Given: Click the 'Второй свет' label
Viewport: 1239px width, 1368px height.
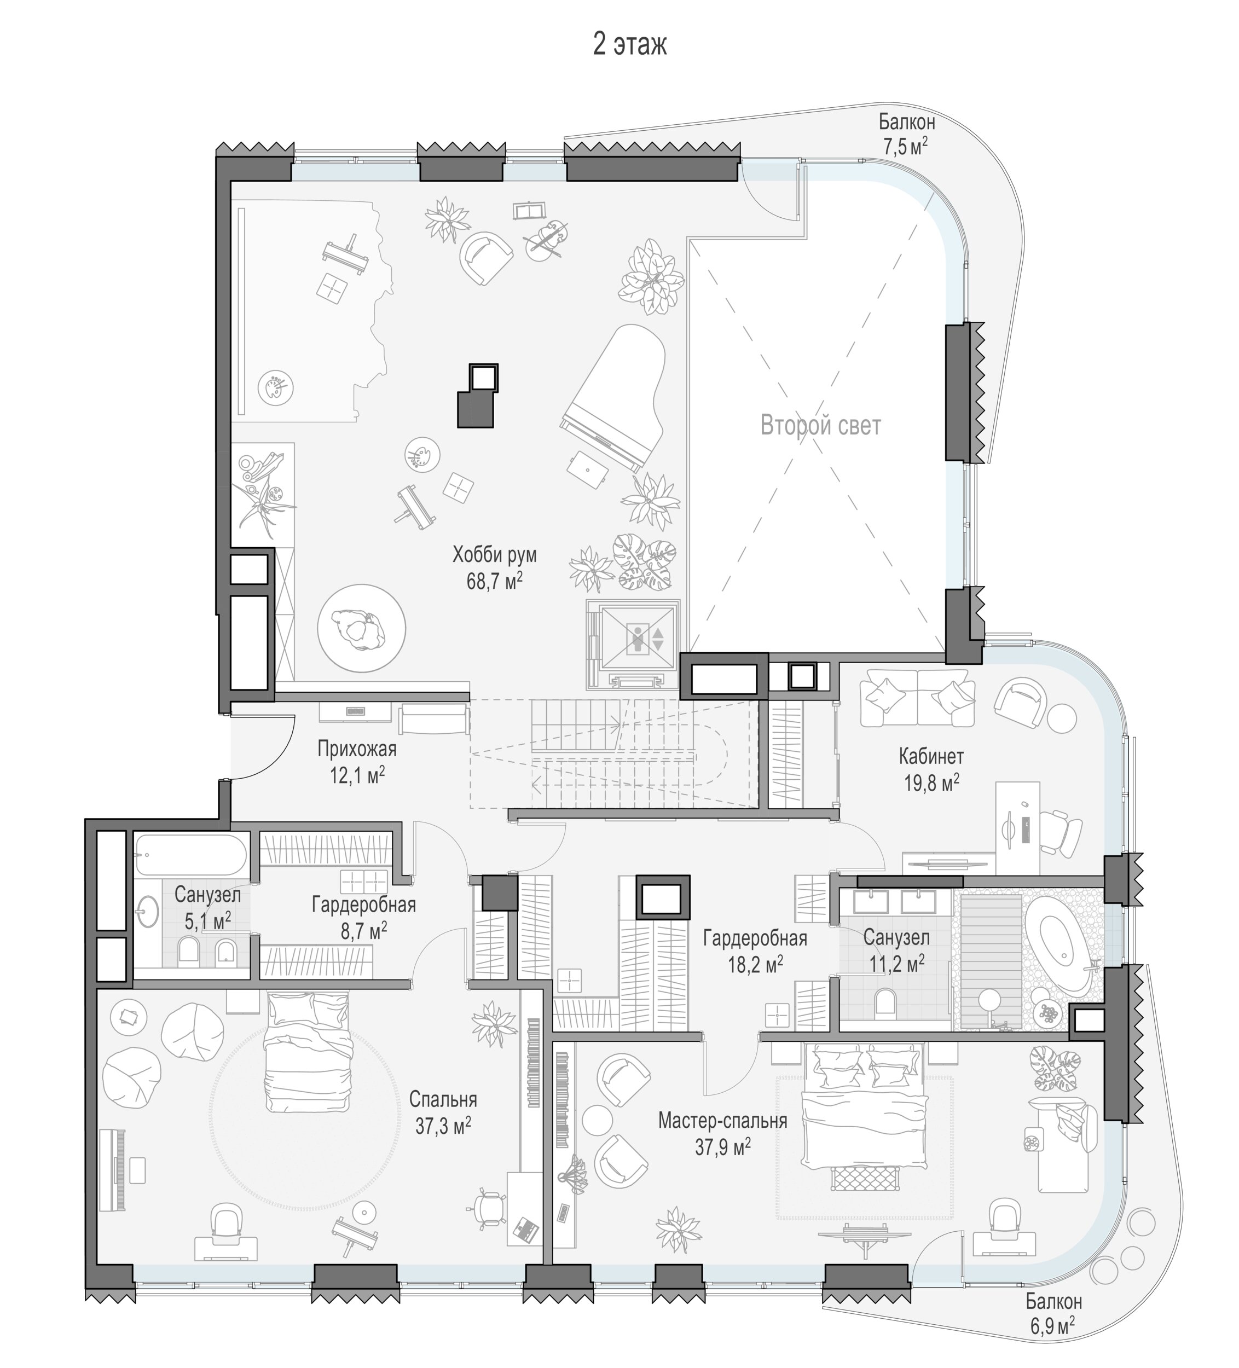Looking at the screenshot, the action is pos(820,426).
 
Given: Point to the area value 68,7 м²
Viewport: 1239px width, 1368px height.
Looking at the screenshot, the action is pos(494,581).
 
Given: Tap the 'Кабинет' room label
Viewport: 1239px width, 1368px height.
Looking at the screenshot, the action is pos(931,755).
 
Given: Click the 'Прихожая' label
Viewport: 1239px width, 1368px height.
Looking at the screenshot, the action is pos(357,749).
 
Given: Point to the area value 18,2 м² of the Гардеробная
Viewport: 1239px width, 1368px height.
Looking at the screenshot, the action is pos(755,964).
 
